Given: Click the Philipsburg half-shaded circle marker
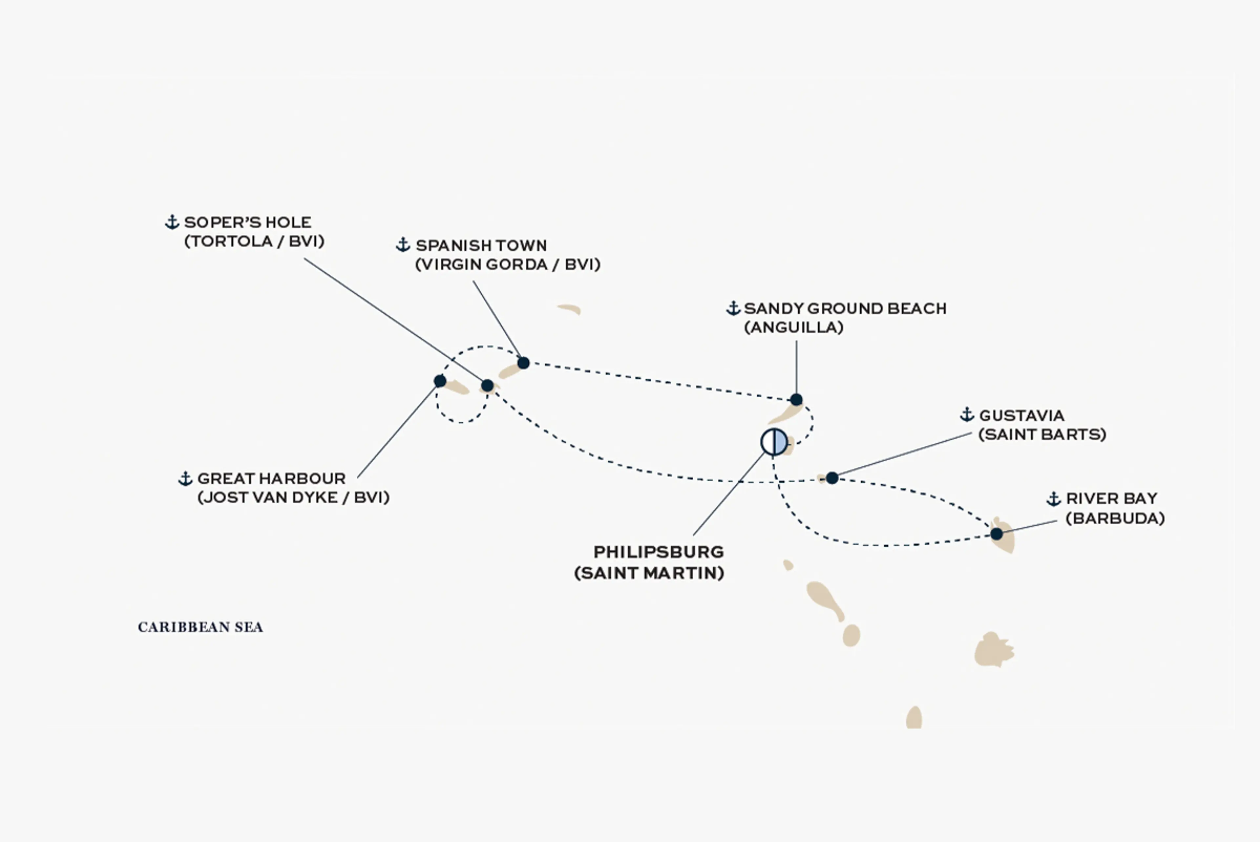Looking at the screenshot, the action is [774, 442].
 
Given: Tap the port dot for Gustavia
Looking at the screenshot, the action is [831, 478].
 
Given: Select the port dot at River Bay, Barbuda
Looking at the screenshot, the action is [997, 534].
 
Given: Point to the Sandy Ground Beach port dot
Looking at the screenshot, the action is [796, 400].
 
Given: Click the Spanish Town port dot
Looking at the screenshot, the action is [523, 363].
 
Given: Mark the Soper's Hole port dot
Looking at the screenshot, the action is [487, 386].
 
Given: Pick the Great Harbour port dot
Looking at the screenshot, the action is [440, 381].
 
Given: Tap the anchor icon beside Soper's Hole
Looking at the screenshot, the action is [172, 222].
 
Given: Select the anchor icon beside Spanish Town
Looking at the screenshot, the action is [403, 245].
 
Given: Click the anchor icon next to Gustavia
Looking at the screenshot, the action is [967, 414].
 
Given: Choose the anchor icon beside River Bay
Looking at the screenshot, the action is [1053, 499].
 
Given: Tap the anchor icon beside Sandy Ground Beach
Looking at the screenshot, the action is [733, 308].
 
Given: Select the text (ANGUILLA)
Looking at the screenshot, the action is [793, 327].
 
